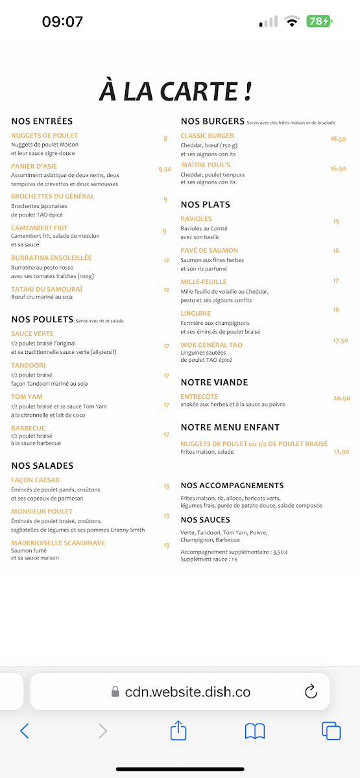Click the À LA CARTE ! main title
pos(175,91)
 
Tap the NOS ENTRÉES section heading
pos(42,121)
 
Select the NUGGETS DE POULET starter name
pos(44,136)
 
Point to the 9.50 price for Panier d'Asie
pos(165,169)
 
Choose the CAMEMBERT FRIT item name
pos(40,228)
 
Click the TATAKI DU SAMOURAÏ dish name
pos(47,289)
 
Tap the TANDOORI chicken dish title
pos(28,365)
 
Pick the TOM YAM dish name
pos(27,397)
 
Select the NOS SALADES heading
pos(42,466)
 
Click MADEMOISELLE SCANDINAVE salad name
pos(58,543)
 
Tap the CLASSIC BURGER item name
pos(208,136)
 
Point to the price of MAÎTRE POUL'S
pos(338,169)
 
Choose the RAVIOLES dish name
pos(196,219)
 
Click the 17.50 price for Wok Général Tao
pos(341,340)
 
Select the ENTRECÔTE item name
pos(199,396)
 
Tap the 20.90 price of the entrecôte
pos(341,398)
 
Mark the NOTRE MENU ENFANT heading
pos(230,427)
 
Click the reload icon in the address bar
pos(311,691)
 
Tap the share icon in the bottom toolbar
pos(178,731)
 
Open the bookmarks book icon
pos(255,731)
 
